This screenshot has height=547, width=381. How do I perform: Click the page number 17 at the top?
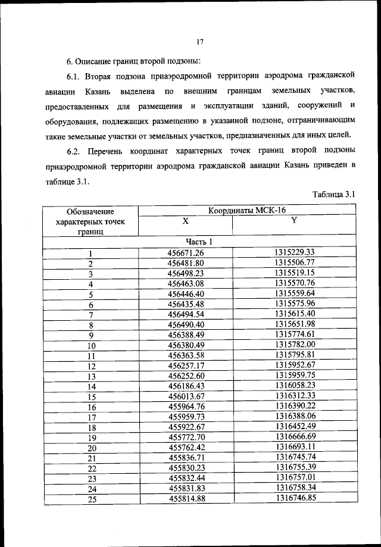click(200, 41)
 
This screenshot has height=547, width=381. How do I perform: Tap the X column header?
click(185, 221)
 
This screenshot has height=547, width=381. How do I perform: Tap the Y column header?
click(293, 221)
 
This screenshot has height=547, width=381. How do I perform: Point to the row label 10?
click(92, 346)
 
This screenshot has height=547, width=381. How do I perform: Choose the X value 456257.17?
click(186, 365)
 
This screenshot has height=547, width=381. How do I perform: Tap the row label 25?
click(92, 499)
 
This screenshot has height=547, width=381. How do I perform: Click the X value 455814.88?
click(186, 499)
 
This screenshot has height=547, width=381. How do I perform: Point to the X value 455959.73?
click(186, 417)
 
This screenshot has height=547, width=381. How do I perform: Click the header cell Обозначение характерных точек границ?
click(91, 221)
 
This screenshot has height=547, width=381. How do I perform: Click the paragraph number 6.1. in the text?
click(76, 76)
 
